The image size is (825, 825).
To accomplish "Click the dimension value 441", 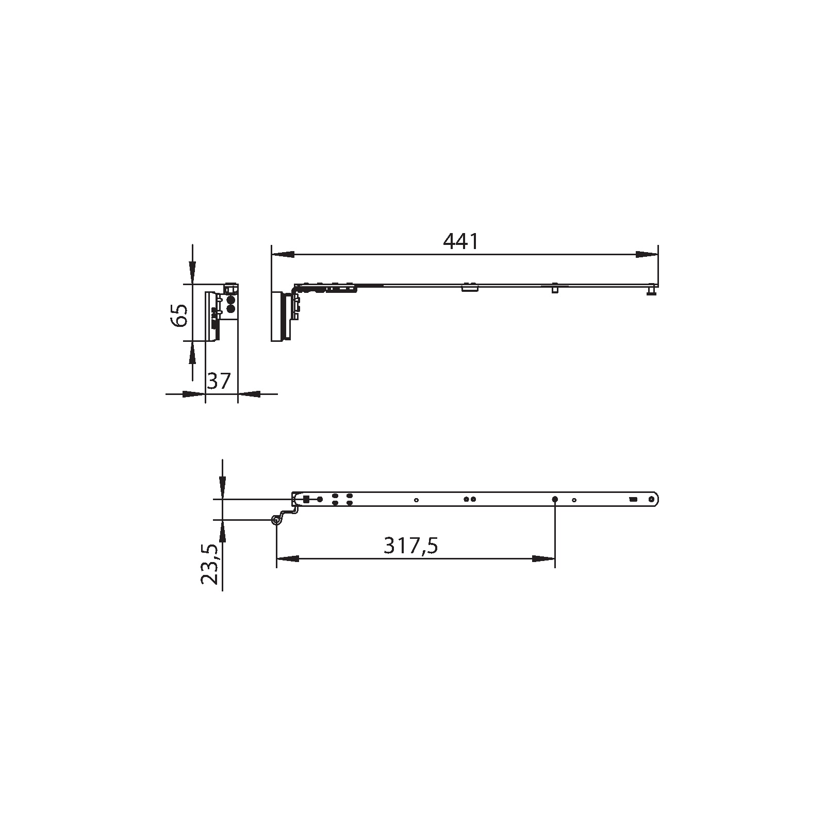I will pyautogui.click(x=460, y=241).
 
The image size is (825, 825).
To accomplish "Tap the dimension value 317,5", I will pyautogui.click(x=410, y=546).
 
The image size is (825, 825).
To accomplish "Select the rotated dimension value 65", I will pyautogui.click(x=179, y=315).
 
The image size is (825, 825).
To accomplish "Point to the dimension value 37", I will pyautogui.click(x=219, y=381).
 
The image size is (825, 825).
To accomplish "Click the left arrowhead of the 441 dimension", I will pyautogui.click(x=283, y=254).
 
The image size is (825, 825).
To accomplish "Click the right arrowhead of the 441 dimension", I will pyautogui.click(x=647, y=254).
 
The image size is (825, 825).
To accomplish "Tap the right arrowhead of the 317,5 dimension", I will pyautogui.click(x=543, y=559).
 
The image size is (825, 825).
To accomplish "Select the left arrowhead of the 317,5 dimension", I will pyautogui.click(x=288, y=559).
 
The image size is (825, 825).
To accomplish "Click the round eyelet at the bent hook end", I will pyautogui.click(x=276, y=521).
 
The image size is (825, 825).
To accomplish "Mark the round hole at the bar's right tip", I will pyautogui.click(x=653, y=499).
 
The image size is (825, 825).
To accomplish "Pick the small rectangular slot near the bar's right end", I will pyautogui.click(x=633, y=499).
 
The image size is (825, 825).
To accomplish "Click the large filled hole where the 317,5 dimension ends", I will pyautogui.click(x=555, y=499).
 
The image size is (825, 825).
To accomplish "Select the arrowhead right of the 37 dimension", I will pyautogui.click(x=250, y=394).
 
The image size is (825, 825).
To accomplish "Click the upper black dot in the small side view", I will pyautogui.click(x=230, y=299).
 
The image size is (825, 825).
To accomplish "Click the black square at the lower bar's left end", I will pyautogui.click(x=306, y=499).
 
